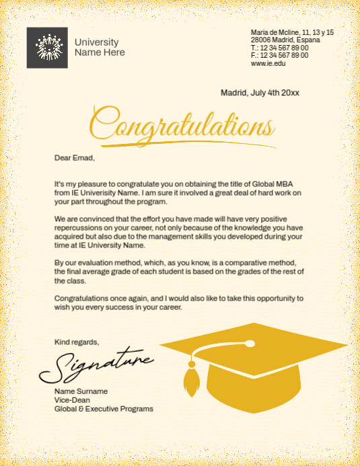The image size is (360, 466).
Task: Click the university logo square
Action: click(x=47, y=47)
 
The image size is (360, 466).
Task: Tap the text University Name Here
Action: click(x=100, y=47)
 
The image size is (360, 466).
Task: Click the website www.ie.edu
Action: click(x=268, y=63)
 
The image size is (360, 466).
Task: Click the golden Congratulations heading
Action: click(x=182, y=125)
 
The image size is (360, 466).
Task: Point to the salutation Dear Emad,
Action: click(x=75, y=158)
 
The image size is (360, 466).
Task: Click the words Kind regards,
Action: click(x=77, y=342)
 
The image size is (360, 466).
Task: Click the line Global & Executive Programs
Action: click(x=104, y=409)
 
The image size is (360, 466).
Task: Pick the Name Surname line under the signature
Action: click(x=81, y=391)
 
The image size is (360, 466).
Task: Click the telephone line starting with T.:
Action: click(x=279, y=48)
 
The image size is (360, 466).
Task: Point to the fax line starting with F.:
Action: click(x=279, y=55)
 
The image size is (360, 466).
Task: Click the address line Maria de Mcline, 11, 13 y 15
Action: click(x=292, y=32)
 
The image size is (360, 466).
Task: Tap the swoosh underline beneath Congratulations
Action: click(x=195, y=142)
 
